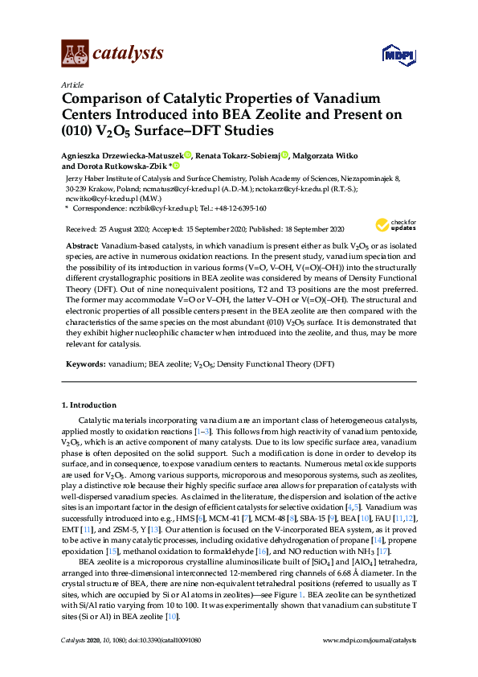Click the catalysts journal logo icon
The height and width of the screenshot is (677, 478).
point(75,54)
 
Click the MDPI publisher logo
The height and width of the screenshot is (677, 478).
point(394,55)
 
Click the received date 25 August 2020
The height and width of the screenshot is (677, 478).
point(120,228)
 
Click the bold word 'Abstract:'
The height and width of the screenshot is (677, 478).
point(80,243)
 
